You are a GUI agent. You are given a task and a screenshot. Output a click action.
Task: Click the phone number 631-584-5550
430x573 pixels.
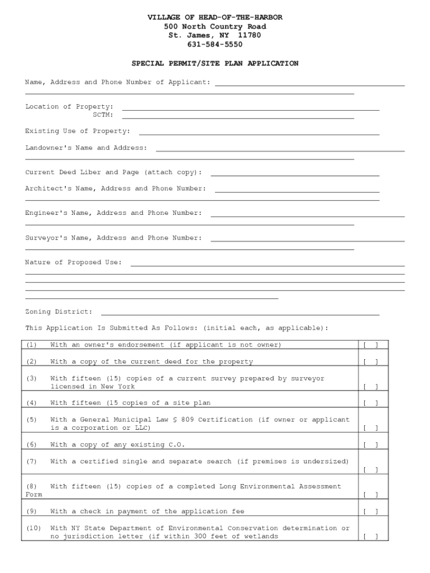point(214,45)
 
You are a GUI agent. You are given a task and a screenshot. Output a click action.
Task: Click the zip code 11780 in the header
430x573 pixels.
point(249,36)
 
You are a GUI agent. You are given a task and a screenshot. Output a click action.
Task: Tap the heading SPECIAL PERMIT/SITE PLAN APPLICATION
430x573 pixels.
point(214,64)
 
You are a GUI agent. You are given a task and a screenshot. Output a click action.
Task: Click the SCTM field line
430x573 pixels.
point(238,118)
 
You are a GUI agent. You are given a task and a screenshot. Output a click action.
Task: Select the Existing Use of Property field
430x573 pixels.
point(259,134)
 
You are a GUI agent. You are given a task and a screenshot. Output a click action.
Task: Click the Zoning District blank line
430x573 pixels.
point(240,314)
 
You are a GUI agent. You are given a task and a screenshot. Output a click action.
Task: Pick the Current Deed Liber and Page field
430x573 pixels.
point(295,175)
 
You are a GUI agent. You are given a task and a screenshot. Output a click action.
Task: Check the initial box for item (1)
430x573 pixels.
point(371,345)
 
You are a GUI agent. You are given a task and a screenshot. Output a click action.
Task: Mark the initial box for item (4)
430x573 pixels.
point(371,403)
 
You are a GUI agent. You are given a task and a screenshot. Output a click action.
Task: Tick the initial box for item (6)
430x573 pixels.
point(371,445)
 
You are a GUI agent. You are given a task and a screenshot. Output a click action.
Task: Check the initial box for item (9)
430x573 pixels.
point(371,512)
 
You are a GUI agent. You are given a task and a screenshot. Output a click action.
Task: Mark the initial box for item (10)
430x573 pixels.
point(371,537)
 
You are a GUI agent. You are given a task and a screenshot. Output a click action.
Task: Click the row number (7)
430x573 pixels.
point(31,462)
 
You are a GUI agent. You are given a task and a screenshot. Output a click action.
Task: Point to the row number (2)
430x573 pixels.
point(31,362)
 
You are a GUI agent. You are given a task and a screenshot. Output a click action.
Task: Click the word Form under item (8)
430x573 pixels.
point(34,495)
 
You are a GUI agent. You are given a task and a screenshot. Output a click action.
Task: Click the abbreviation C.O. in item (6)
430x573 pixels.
point(176,445)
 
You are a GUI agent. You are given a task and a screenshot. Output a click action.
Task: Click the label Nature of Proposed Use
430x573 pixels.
point(73,262)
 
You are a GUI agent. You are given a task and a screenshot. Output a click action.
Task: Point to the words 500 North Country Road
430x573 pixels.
point(214,27)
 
